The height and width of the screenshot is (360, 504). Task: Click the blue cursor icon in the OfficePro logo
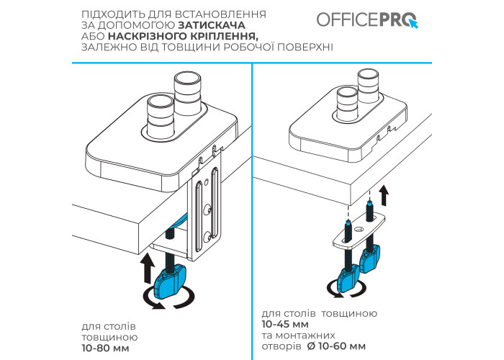413,23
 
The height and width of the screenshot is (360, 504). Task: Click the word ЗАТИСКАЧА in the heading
212,25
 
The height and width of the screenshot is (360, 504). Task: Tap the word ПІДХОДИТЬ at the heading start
113,14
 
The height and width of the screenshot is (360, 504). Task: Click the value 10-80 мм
105,348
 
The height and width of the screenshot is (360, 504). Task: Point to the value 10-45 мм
285,324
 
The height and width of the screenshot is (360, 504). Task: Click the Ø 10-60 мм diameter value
336,346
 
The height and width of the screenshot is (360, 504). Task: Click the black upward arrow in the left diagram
148,268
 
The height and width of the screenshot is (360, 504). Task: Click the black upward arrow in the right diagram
384,195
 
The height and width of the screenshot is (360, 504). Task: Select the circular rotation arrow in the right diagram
346,288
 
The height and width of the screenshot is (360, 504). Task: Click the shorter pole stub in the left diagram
161,117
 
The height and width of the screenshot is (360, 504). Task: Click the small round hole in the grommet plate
359,230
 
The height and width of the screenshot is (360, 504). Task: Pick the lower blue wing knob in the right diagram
348,277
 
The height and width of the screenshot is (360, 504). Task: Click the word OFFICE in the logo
347,19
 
